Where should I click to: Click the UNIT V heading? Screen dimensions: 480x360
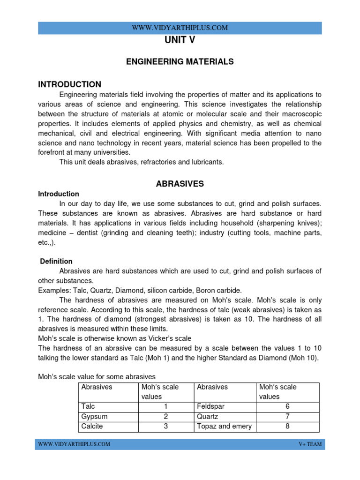[x=180, y=41]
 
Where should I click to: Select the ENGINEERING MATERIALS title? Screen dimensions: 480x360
[x=180, y=61]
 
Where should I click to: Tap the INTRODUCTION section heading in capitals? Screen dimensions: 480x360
[x=69, y=84]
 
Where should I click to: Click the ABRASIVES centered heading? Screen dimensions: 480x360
[x=180, y=184]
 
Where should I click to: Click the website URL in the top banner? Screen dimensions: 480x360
[x=180, y=28]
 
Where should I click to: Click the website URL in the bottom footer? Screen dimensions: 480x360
[x=74, y=444]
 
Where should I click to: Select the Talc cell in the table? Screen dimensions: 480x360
[x=88, y=407]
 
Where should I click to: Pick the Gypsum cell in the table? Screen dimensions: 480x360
[x=93, y=417]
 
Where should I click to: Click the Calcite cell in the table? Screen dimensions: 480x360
[x=92, y=427]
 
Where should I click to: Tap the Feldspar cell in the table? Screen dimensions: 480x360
[x=210, y=407]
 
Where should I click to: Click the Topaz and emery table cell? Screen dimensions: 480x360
[x=224, y=427]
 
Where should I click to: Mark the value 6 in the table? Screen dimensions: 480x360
[x=287, y=407]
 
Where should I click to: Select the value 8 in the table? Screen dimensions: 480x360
[x=287, y=427]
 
